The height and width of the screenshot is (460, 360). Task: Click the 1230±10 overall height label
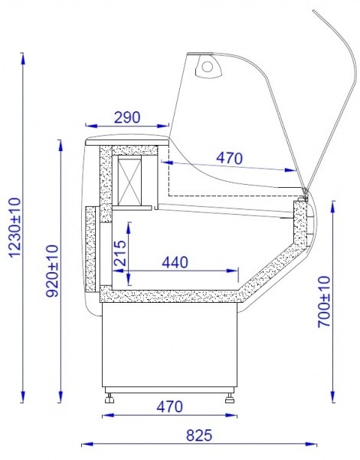15,227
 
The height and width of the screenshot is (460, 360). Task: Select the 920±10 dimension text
53,271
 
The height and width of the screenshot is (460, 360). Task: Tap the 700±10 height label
324,301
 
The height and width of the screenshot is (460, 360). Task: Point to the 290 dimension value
127,117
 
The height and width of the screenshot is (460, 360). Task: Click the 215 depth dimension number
120,253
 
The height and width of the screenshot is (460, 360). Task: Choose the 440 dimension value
175,262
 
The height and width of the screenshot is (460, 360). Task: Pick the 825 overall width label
199,435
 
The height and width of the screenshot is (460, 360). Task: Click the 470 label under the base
170,406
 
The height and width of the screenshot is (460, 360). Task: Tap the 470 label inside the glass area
230,159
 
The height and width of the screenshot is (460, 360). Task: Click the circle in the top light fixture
208,67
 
